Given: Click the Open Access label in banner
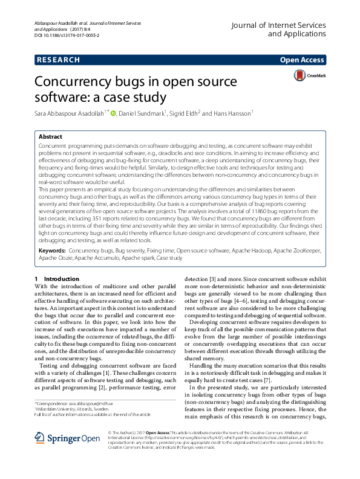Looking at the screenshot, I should coord(303,60).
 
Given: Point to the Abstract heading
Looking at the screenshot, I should coord(50,137).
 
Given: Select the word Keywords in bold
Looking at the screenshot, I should coord(52,250).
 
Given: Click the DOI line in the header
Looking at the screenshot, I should coord(67,36).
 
